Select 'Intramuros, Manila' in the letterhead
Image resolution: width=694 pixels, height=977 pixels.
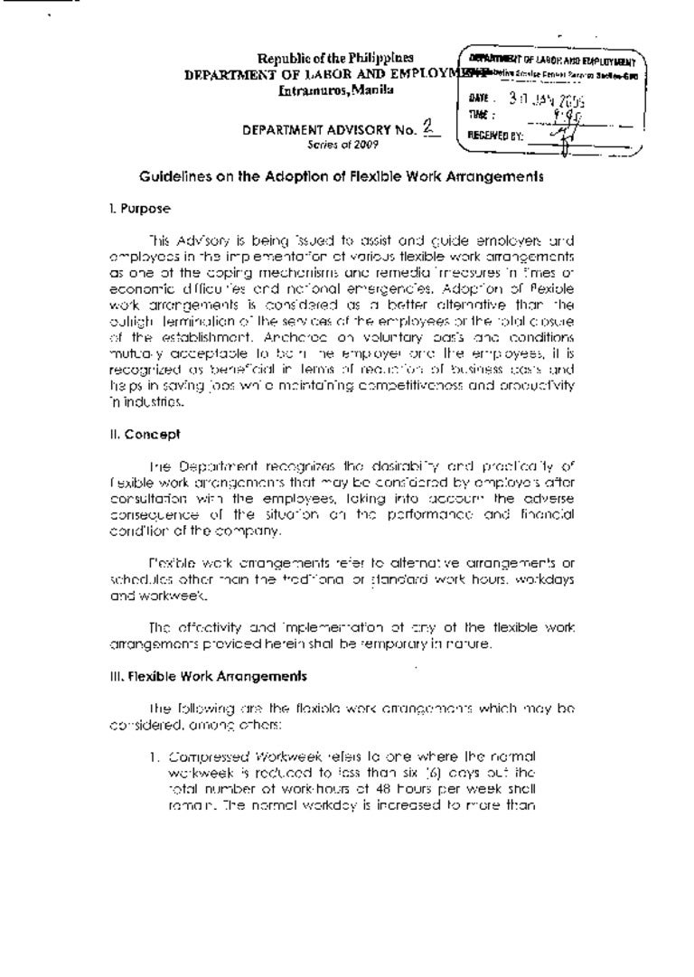coord(335,90)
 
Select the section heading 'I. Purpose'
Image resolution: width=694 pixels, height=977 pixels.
coord(137,209)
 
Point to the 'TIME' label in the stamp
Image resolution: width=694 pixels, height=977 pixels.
coord(478,115)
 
